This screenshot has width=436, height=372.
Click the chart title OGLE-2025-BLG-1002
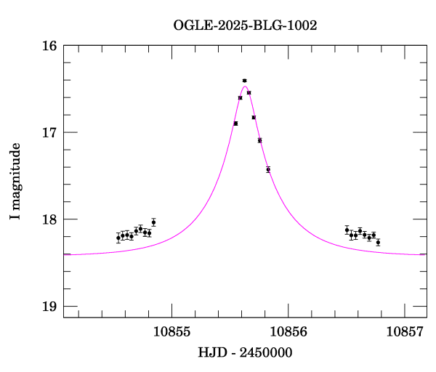point(245,25)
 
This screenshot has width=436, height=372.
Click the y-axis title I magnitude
point(15,182)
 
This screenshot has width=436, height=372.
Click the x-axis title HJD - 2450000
point(245,352)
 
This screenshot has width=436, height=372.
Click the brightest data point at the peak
point(244,81)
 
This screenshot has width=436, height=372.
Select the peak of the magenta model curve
point(245,86)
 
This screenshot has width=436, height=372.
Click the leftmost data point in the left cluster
point(118,238)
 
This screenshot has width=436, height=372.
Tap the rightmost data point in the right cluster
point(378,242)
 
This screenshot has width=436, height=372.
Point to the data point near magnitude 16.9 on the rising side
point(235,124)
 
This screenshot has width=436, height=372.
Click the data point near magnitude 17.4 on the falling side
point(268,169)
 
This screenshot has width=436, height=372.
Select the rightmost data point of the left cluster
point(153,222)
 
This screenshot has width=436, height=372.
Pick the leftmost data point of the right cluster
point(347,230)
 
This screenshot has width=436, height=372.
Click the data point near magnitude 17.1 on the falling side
point(259,140)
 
